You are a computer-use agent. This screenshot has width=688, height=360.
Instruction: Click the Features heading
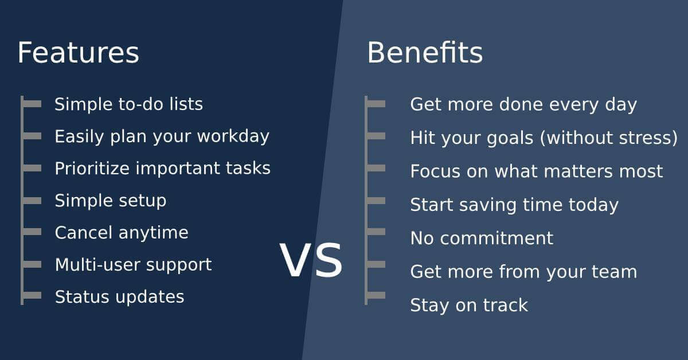[x=79, y=53]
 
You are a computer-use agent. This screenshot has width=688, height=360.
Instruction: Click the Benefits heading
[x=425, y=53]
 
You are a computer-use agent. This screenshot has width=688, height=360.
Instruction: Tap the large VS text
[x=311, y=260]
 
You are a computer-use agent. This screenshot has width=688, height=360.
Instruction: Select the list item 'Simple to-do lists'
[x=128, y=104]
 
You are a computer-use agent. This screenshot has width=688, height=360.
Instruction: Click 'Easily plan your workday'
[x=162, y=136]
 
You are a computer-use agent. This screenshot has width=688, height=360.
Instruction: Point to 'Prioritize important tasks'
[x=162, y=169]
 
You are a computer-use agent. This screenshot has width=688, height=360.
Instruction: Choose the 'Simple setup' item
[x=111, y=201]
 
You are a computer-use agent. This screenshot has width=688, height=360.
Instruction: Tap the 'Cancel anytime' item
[x=122, y=233]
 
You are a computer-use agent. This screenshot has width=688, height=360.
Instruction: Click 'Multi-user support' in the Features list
[x=133, y=265]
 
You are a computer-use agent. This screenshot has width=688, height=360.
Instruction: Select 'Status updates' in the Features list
[x=119, y=297]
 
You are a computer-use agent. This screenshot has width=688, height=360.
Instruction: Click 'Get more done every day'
[x=523, y=105]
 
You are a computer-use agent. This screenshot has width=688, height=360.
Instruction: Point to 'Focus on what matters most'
[x=536, y=171]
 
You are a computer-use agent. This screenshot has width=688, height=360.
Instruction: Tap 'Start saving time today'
[x=514, y=205]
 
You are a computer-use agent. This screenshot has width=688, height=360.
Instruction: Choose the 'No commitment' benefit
[x=482, y=238]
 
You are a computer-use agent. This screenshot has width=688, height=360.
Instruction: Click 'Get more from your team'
[x=523, y=272]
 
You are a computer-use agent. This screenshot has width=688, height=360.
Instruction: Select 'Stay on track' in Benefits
[x=469, y=306]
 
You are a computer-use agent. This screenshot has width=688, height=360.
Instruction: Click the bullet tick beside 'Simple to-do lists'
[x=32, y=104]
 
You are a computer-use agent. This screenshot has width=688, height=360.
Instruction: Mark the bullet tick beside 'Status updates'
[x=32, y=295]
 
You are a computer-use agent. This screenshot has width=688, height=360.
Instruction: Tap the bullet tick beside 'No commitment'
[x=376, y=231]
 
